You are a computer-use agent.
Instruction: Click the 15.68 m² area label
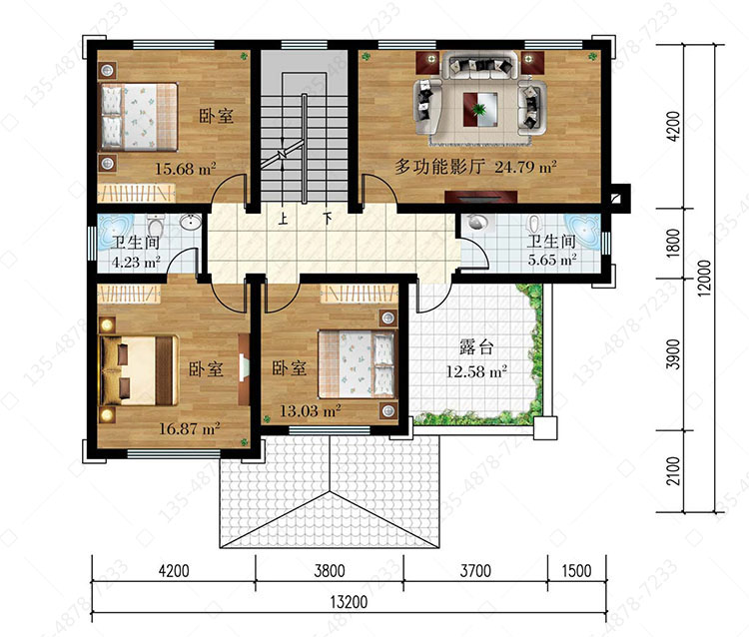coord(186,169)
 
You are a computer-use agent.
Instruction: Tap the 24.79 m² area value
coord(525,167)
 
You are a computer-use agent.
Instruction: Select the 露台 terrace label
coord(475,347)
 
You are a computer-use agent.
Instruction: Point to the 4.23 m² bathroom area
coord(136,262)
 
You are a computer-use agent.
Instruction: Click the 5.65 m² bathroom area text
coord(552,260)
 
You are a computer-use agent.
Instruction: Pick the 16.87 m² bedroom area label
coord(189,428)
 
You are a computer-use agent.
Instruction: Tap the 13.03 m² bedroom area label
coord(310,410)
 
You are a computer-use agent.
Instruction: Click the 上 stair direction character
coord(284,219)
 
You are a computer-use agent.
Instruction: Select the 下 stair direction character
coord(328,219)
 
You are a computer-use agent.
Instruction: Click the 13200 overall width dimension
coord(350,602)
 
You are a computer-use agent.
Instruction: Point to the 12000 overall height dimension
coord(704,278)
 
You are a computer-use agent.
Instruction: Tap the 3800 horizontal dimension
coord(330,571)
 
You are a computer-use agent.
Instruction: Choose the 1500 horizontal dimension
coord(576,571)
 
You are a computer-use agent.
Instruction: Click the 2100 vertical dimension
coord(673,471)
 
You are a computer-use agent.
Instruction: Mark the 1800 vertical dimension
coord(673,243)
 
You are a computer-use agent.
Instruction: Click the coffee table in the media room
coord(480,110)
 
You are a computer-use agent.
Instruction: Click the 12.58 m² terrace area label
coord(476,371)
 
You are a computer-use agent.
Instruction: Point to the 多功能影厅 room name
coord(439,167)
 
